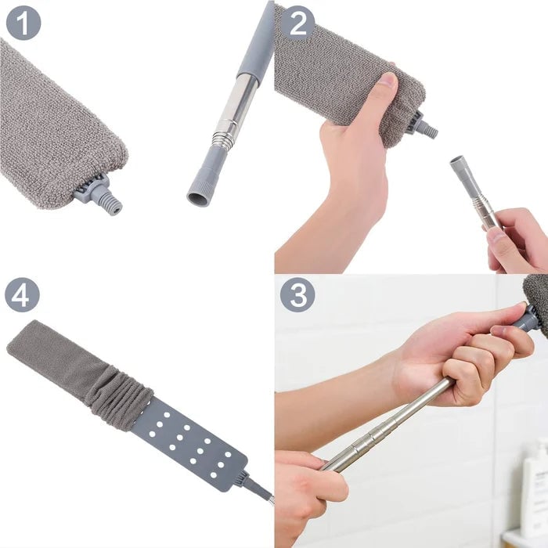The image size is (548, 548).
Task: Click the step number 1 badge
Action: [23, 23]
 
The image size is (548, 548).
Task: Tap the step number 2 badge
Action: [297, 23]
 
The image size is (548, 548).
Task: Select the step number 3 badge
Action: [297, 295]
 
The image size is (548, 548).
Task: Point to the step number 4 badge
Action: [23, 295]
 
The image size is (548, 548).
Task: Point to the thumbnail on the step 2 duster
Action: [386, 81]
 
